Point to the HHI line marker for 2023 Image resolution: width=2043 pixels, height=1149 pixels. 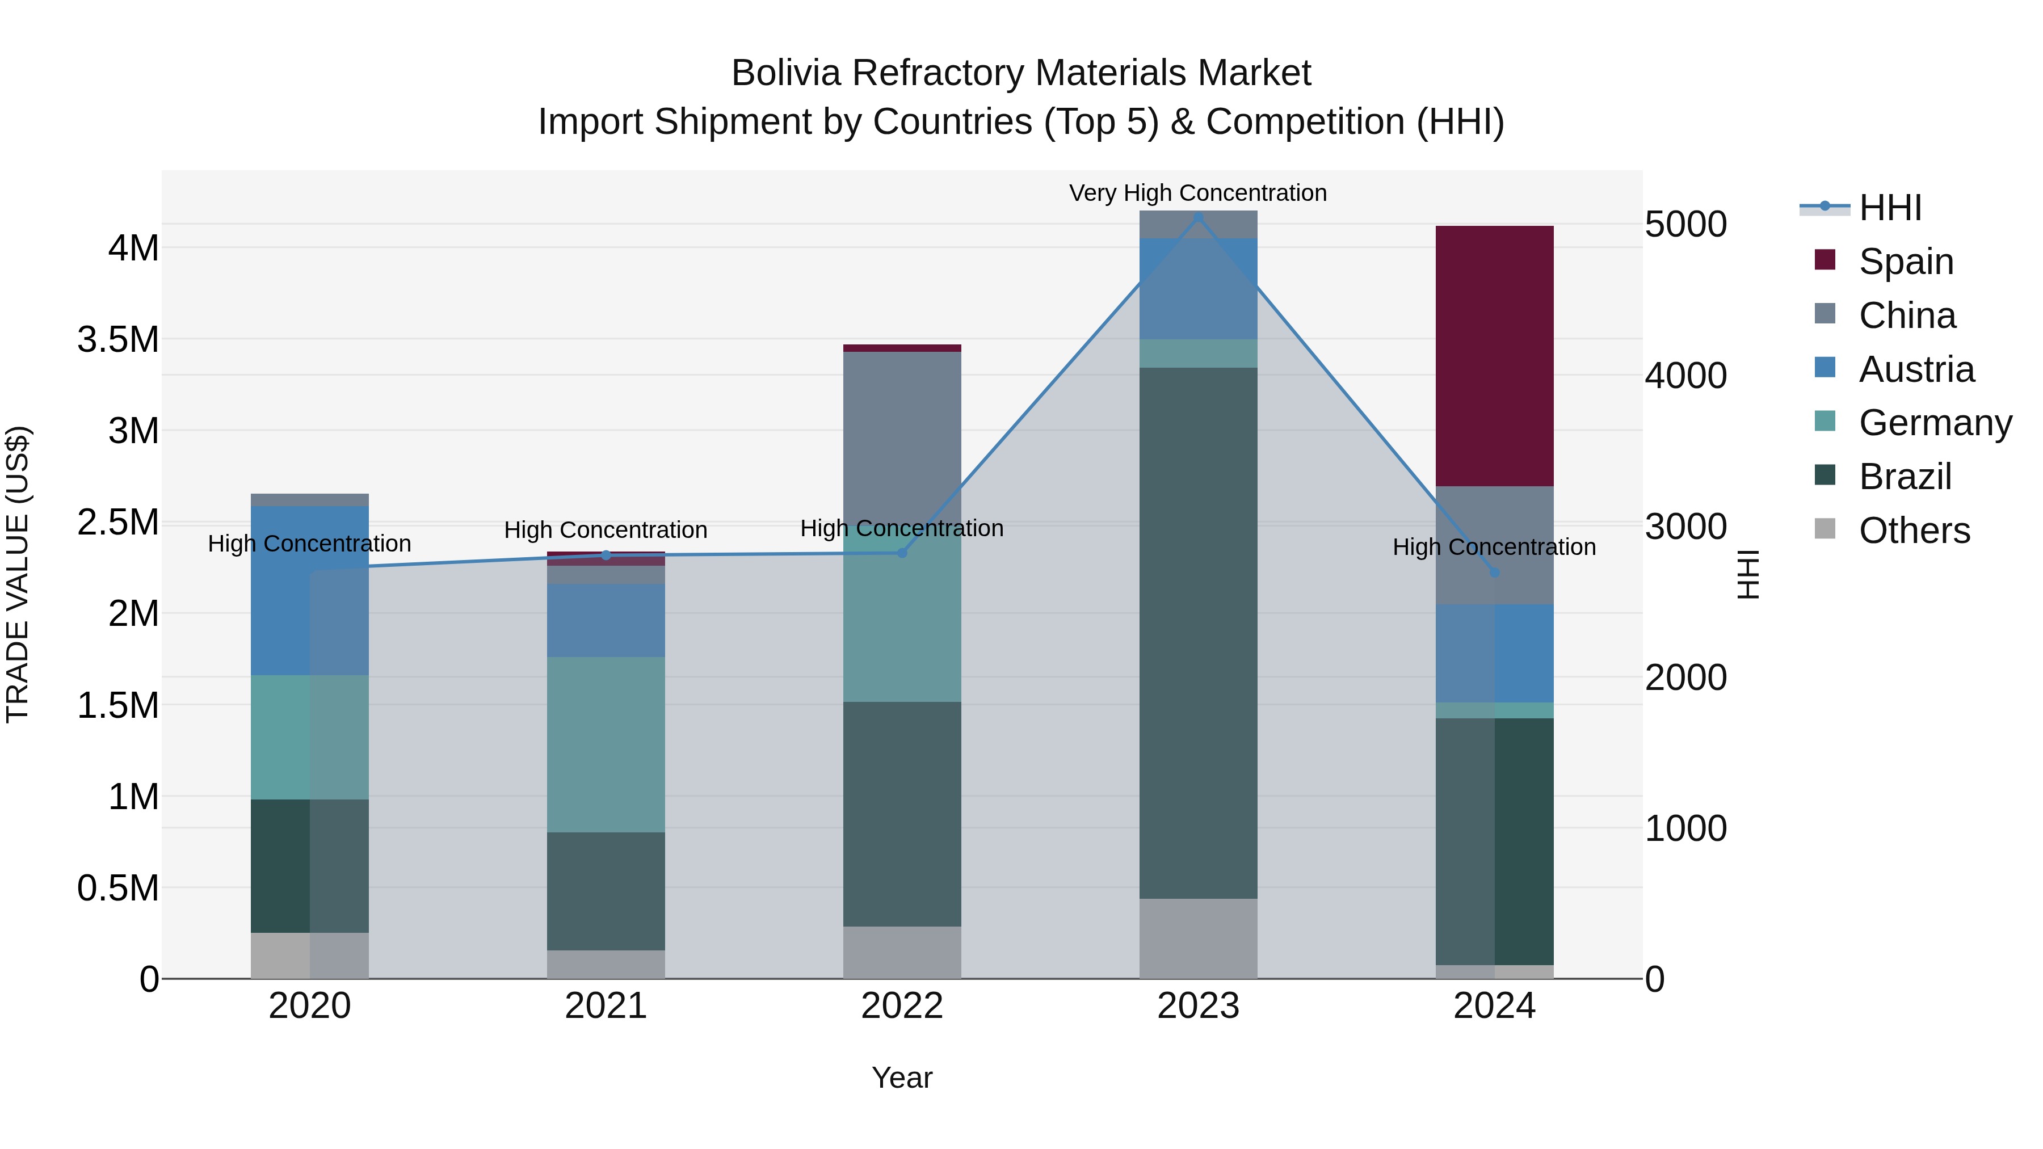click(x=1197, y=217)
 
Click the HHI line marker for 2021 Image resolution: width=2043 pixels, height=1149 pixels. click(x=606, y=555)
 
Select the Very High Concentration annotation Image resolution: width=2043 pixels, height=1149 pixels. click(x=1197, y=193)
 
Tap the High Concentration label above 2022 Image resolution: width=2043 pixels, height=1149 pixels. click(x=902, y=528)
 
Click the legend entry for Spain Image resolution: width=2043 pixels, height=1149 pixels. click(x=1905, y=261)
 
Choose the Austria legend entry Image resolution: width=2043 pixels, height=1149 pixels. click(x=1915, y=369)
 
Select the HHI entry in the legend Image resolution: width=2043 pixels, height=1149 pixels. click(x=1889, y=207)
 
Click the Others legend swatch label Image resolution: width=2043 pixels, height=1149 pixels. click(x=1914, y=530)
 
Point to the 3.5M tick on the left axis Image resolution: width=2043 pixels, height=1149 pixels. click(x=117, y=339)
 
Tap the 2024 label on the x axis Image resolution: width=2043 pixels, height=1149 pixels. click(x=1494, y=1005)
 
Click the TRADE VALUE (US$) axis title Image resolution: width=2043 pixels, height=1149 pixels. click(x=18, y=574)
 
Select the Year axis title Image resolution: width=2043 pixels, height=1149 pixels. click(x=902, y=1078)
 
